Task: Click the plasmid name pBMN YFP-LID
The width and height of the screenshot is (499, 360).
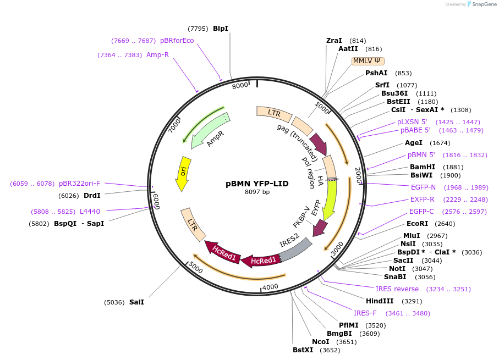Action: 257,184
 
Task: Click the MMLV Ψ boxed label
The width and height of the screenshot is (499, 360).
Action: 368,61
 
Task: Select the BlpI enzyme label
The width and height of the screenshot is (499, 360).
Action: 220,28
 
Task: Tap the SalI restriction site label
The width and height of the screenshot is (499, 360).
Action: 136,302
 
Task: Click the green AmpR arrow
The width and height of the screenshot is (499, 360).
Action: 211,132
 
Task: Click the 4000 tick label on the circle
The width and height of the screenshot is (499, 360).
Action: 270,286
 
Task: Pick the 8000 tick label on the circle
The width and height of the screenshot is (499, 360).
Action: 240,86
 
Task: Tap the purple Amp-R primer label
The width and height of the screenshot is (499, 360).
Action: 157,54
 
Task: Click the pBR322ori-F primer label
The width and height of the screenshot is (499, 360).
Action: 80,183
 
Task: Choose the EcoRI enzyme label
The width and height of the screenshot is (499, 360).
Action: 417,223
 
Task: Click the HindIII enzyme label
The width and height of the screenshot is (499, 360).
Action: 380,301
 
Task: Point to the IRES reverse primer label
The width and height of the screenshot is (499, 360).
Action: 397,289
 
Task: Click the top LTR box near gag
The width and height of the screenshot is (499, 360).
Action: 274,113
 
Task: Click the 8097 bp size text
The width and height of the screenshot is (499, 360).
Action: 257,192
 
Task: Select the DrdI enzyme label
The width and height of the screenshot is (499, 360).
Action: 92,195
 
